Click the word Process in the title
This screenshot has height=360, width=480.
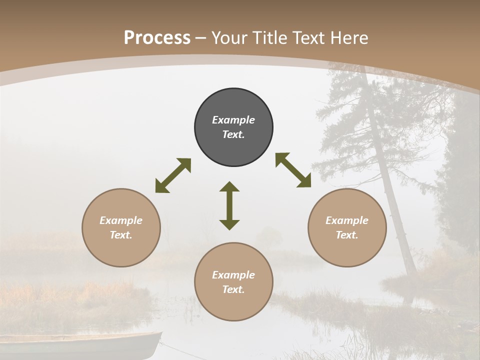pyautogui.click(x=157, y=38)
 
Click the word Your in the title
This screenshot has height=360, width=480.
pyautogui.click(x=229, y=38)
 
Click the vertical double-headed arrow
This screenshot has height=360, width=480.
pyautogui.click(x=229, y=205)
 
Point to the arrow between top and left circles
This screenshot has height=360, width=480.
pyautogui.click(x=173, y=175)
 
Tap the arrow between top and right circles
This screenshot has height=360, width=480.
pyautogui.click(x=293, y=170)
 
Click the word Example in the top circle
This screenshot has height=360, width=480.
pyautogui.click(x=233, y=120)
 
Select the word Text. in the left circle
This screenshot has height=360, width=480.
pyautogui.click(x=121, y=235)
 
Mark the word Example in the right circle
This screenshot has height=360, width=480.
pyautogui.click(x=347, y=220)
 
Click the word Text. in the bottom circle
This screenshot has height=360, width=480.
pyautogui.click(x=233, y=289)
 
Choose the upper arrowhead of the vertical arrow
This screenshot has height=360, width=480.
pyautogui.click(x=229, y=187)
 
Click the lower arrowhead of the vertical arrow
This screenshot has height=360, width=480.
pyautogui.click(x=229, y=224)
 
